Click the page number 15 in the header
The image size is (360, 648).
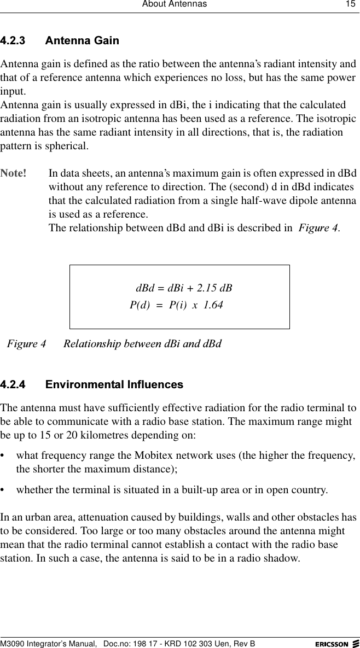click(x=349, y=4)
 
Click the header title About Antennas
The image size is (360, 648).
click(x=175, y=4)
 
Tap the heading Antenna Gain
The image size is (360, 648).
click(x=82, y=41)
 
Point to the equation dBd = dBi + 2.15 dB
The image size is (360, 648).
click(x=184, y=288)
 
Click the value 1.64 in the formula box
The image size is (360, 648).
click(x=213, y=305)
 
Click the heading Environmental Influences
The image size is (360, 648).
click(x=114, y=384)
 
